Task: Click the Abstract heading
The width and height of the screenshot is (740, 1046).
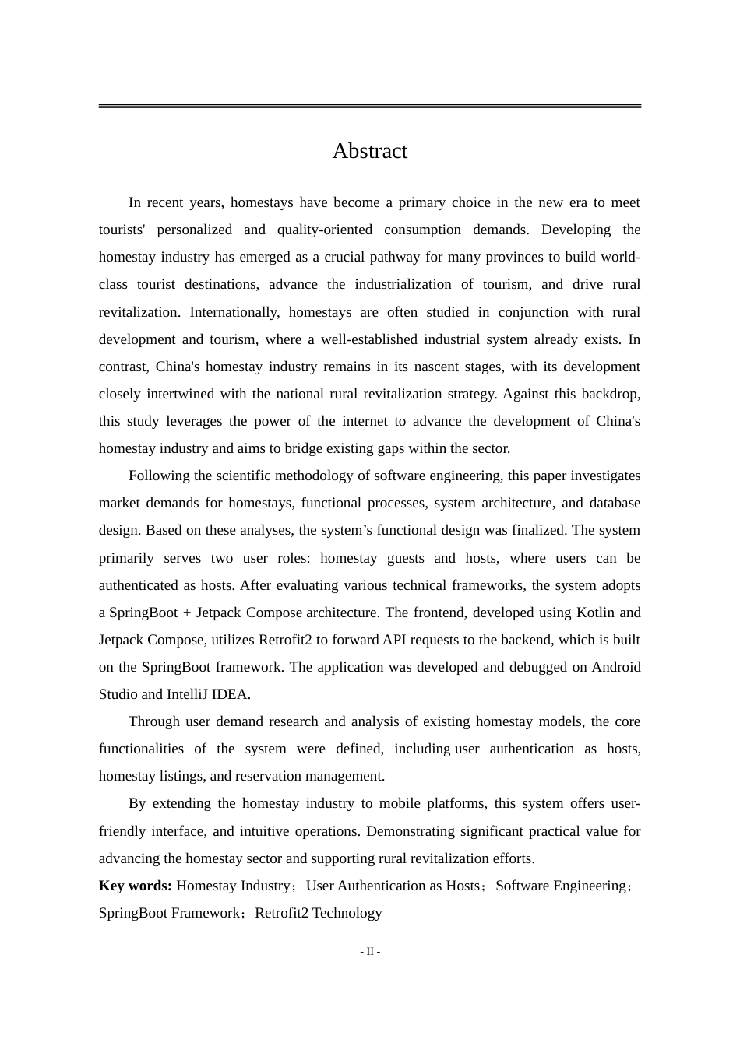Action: click(369, 151)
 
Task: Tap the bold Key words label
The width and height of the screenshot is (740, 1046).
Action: click(135, 886)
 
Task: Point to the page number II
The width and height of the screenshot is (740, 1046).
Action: click(370, 951)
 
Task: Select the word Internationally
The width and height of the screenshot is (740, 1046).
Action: click(234, 312)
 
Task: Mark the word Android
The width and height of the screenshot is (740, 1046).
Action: click(615, 667)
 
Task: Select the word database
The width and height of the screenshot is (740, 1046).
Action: click(615, 503)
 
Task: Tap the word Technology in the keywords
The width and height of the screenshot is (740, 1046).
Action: click(347, 913)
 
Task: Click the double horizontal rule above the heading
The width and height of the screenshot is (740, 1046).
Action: click(369, 106)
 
